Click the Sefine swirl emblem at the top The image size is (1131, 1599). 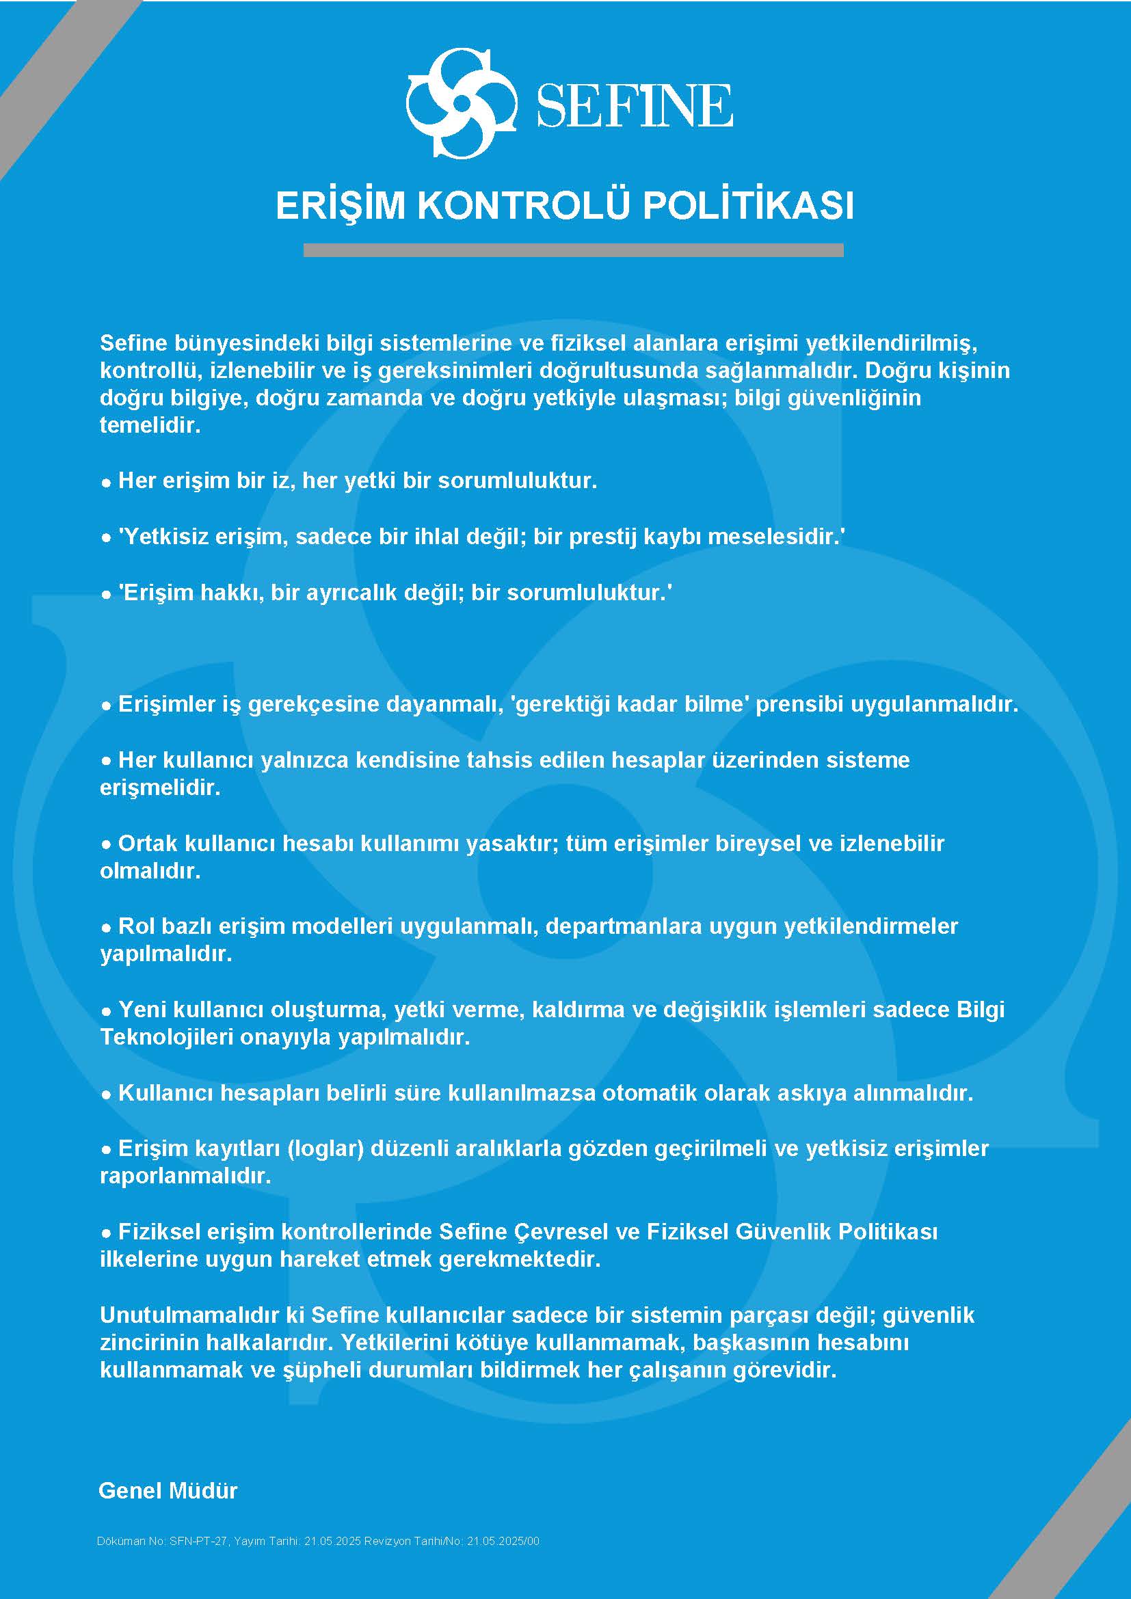pyautogui.click(x=460, y=103)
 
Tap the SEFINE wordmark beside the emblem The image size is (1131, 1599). pyautogui.click(x=634, y=106)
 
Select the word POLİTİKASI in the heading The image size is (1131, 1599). pyautogui.click(x=747, y=206)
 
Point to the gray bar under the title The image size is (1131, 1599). pyautogui.click(x=573, y=250)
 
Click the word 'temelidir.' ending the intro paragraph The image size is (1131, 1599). pyautogui.click(x=150, y=425)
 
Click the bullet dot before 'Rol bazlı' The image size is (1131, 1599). pyautogui.click(x=107, y=928)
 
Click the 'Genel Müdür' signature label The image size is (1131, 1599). pyautogui.click(x=168, y=1490)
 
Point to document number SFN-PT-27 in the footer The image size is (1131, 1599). pyautogui.click(x=198, y=1541)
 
